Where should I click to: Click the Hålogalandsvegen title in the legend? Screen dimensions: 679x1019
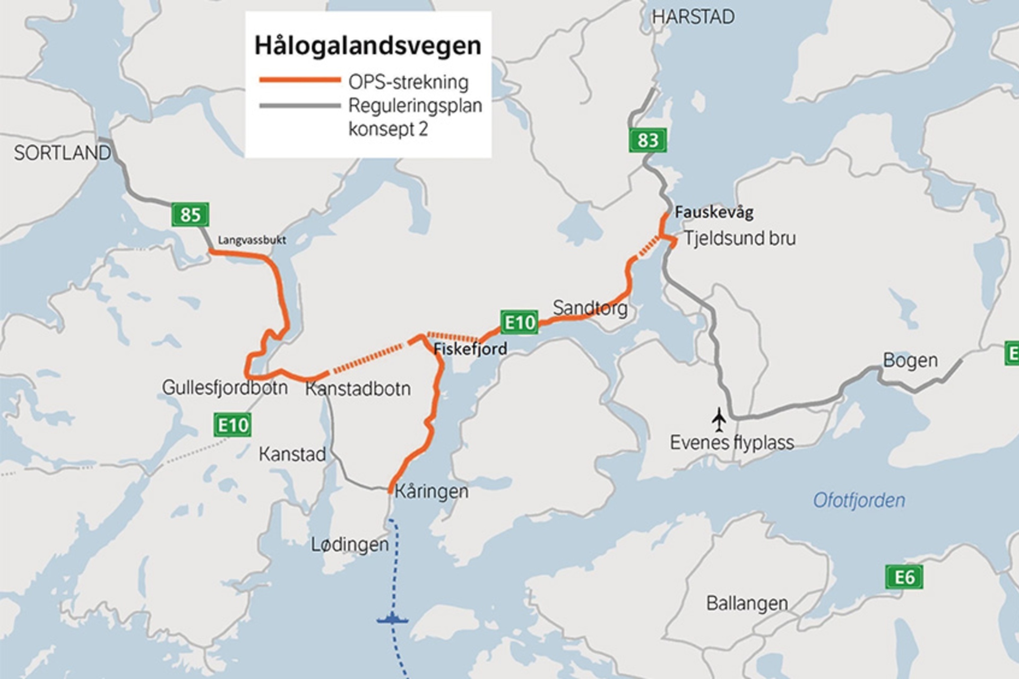(368, 46)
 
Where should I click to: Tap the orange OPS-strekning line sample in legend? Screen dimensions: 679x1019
(300, 80)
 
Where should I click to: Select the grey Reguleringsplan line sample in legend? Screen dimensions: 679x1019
(300, 106)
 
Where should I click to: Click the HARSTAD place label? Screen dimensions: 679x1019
(693, 17)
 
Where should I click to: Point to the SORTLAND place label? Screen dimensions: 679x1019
(62, 153)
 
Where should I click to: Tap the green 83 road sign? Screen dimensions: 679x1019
(647, 140)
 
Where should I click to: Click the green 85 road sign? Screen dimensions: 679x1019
(190, 214)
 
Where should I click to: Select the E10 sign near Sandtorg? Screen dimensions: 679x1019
(519, 323)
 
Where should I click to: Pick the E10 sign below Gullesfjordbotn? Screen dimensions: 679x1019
(232, 425)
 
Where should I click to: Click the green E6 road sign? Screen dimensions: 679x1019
(904, 577)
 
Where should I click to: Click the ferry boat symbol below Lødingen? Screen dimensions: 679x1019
(392, 619)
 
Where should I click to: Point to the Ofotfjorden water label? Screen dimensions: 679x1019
(859, 500)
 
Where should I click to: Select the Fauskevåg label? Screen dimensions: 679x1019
(714, 213)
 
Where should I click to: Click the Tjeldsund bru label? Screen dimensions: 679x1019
(740, 238)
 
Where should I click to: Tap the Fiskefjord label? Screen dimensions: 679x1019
(470, 349)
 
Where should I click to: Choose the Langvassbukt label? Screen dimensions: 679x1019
(252, 240)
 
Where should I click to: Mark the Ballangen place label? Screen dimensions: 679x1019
(747, 603)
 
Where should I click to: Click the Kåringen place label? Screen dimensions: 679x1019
(431, 491)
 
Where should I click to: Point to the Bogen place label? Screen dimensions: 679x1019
(910, 361)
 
